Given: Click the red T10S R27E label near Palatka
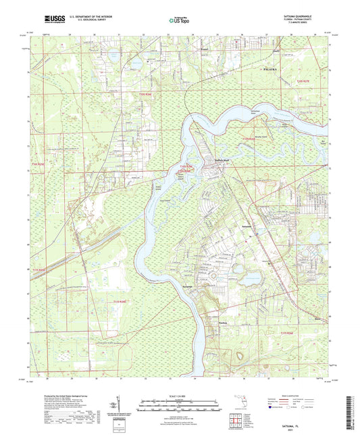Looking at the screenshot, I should [304, 82].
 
